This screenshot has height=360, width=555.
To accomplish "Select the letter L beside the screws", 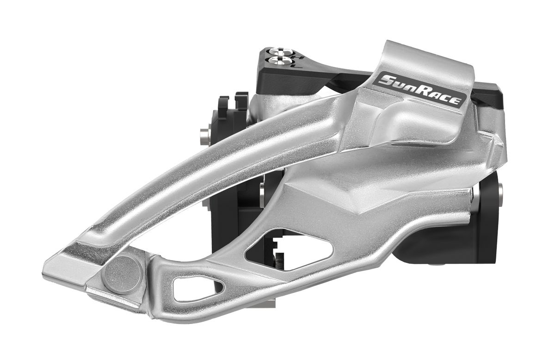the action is pos(298,66).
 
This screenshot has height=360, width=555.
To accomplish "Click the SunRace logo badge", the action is pos(420,90).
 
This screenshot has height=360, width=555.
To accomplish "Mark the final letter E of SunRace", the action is pos(456,101).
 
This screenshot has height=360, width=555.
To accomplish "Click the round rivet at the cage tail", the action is pos(123,275).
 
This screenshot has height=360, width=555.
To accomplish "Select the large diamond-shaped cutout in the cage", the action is pos(289,248).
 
